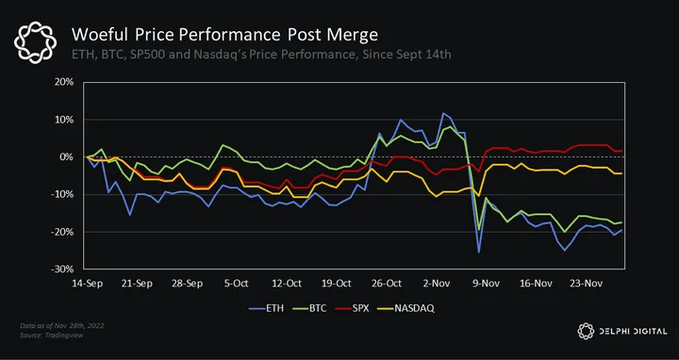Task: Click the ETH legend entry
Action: (266, 308)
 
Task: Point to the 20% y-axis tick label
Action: (64, 82)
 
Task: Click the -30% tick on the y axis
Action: (63, 270)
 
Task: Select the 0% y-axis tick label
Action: (67, 157)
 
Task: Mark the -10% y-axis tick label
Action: (63, 194)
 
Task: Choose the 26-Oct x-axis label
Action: (387, 284)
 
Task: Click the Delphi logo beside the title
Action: (35, 43)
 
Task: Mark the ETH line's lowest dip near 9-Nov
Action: (478, 253)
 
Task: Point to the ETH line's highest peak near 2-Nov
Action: (443, 113)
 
